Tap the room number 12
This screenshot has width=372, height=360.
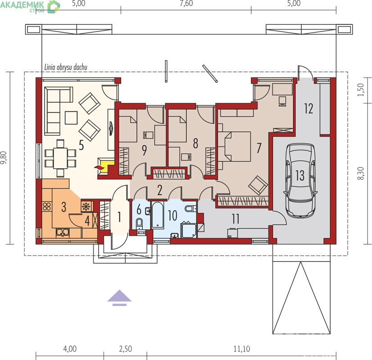pyautogui.click(x=308, y=109)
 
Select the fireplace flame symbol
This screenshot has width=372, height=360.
pyautogui.click(x=99, y=167)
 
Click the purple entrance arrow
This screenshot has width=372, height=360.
pyautogui.click(x=119, y=297)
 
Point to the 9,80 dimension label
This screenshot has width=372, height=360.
pyautogui.click(x=4, y=158)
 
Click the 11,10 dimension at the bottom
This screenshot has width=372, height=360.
pyautogui.click(x=241, y=349)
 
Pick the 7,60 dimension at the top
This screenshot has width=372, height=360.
pyautogui.click(x=186, y=3)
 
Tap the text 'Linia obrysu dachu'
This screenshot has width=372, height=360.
pyautogui.click(x=66, y=67)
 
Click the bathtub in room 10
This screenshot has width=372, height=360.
pyautogui.click(x=158, y=215)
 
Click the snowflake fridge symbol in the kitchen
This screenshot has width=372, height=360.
pyautogui.click(x=86, y=207)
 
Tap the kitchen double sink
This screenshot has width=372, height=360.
pyautogui.click(x=63, y=233)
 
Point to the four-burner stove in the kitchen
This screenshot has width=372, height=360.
pyautogui.click(x=47, y=207)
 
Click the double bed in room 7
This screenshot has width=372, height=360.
pyautogui.click(x=234, y=147)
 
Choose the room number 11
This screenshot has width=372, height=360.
pyautogui.click(x=236, y=219)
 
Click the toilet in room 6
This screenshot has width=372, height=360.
pyautogui.click(x=139, y=224)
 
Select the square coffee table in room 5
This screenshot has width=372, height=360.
pyautogui.click(x=71, y=118)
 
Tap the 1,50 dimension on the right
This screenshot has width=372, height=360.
pyautogui.click(x=361, y=90)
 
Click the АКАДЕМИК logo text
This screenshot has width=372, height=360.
pyautogui.click(x=22, y=4)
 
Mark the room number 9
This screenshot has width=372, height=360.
pyautogui.click(x=144, y=150)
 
